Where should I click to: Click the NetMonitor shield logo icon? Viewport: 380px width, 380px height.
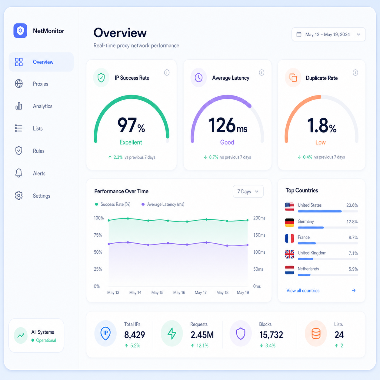click(20, 31)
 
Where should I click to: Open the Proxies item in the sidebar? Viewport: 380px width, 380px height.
click(40, 84)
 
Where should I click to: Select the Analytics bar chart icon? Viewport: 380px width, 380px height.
click(19, 106)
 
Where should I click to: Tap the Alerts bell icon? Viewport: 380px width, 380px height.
click(19, 173)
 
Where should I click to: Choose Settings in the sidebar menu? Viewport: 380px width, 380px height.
click(42, 196)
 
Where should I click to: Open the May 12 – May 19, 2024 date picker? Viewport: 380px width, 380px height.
click(328, 35)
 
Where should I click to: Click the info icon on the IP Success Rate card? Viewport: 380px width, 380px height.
click(167, 72)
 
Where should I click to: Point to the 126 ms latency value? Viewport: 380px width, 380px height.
click(228, 125)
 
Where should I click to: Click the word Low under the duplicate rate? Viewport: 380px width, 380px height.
click(320, 142)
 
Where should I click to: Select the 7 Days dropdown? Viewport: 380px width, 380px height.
click(248, 192)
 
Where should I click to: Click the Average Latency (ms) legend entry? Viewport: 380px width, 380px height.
click(163, 204)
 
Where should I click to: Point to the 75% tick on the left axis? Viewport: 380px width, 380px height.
click(98, 235)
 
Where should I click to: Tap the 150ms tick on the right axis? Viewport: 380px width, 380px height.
click(259, 235)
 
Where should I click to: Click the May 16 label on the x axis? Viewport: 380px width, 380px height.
click(179, 293)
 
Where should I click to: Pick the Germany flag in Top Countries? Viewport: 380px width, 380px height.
click(289, 223)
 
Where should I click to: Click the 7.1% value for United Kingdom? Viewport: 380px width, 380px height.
click(353, 253)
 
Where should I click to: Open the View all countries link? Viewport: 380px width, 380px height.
click(303, 291)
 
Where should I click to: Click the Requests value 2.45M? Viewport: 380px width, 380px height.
click(202, 335)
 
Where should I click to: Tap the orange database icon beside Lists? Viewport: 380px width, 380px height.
click(316, 333)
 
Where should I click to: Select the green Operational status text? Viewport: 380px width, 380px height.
click(46, 340)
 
